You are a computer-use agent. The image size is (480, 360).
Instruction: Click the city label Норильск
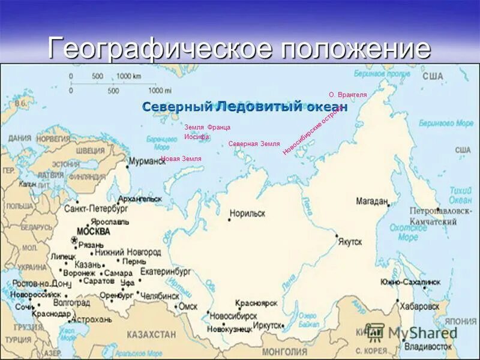[x=247, y=213]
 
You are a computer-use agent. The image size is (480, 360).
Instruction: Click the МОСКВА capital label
[x=94, y=231]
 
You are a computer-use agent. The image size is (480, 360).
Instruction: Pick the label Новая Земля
[x=181, y=158]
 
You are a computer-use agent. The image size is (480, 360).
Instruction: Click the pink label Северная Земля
[x=254, y=144]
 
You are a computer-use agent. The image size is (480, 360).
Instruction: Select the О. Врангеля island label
[x=347, y=95]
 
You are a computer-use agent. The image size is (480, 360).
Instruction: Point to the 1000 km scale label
[x=128, y=76]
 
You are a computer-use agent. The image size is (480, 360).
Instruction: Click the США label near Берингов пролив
[x=432, y=76]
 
